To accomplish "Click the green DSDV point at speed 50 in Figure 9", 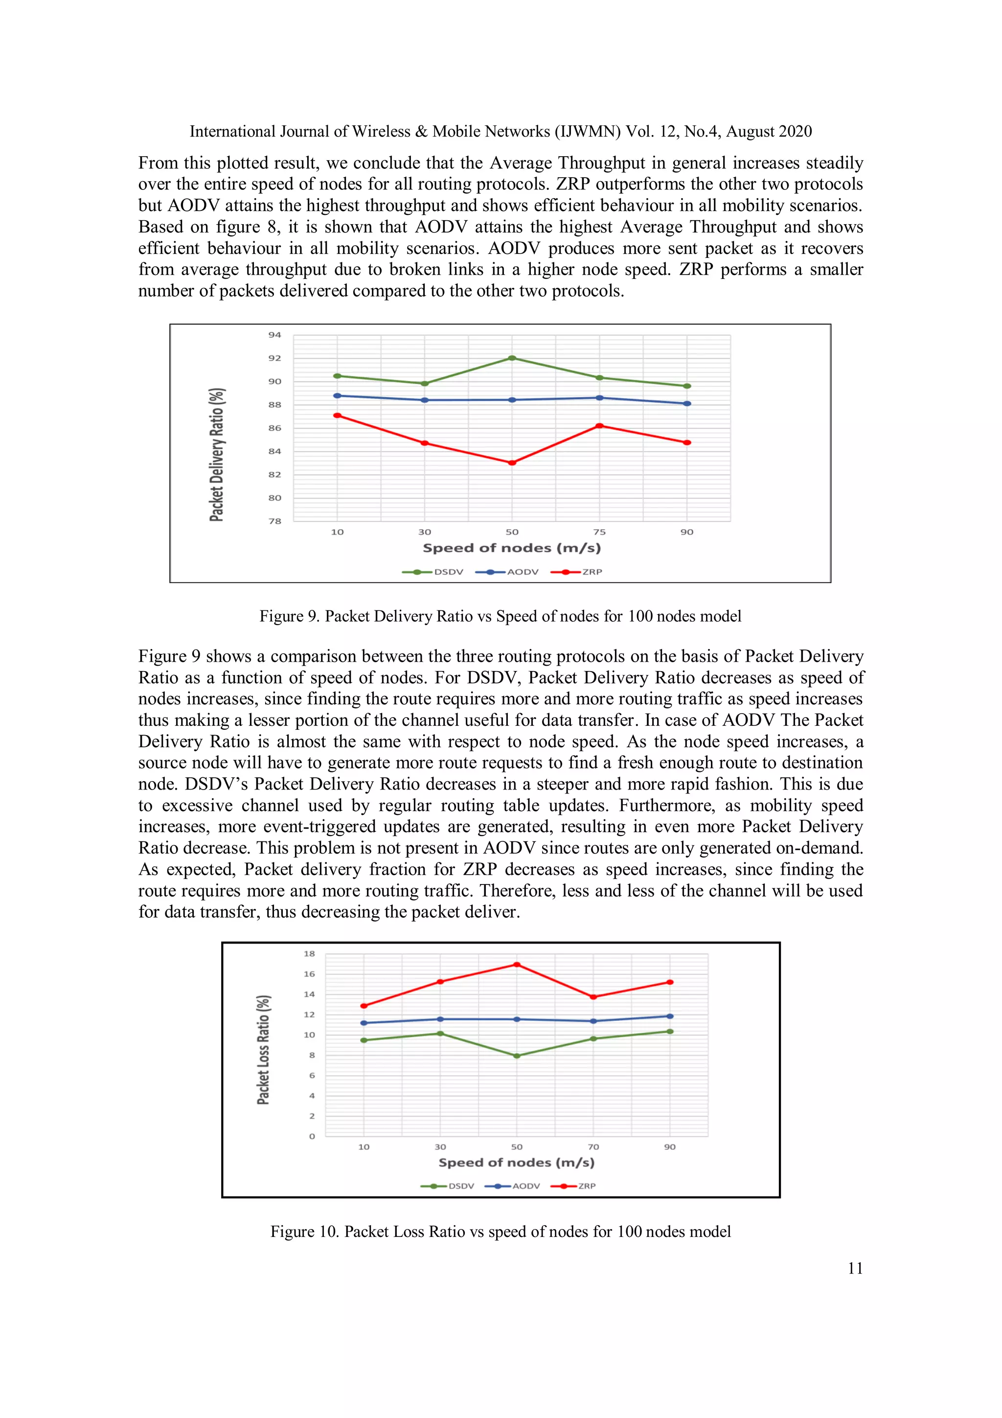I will [512, 358].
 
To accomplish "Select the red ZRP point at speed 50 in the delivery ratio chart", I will [512, 463].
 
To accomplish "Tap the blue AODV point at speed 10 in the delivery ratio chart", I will [337, 396].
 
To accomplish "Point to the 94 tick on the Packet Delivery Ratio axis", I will [274, 335].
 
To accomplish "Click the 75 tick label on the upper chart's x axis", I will [599, 532].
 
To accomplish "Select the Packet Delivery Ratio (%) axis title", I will [217, 455].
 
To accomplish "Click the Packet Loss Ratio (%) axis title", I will [264, 1050].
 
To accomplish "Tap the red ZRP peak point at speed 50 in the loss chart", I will [517, 965].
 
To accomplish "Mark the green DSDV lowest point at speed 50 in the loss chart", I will [517, 1056].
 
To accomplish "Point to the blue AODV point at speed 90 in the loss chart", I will [670, 1016].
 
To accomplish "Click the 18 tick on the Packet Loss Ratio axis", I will [309, 953].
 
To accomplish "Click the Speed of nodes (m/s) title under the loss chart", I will [516, 1162].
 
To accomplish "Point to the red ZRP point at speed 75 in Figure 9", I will [599, 425].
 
